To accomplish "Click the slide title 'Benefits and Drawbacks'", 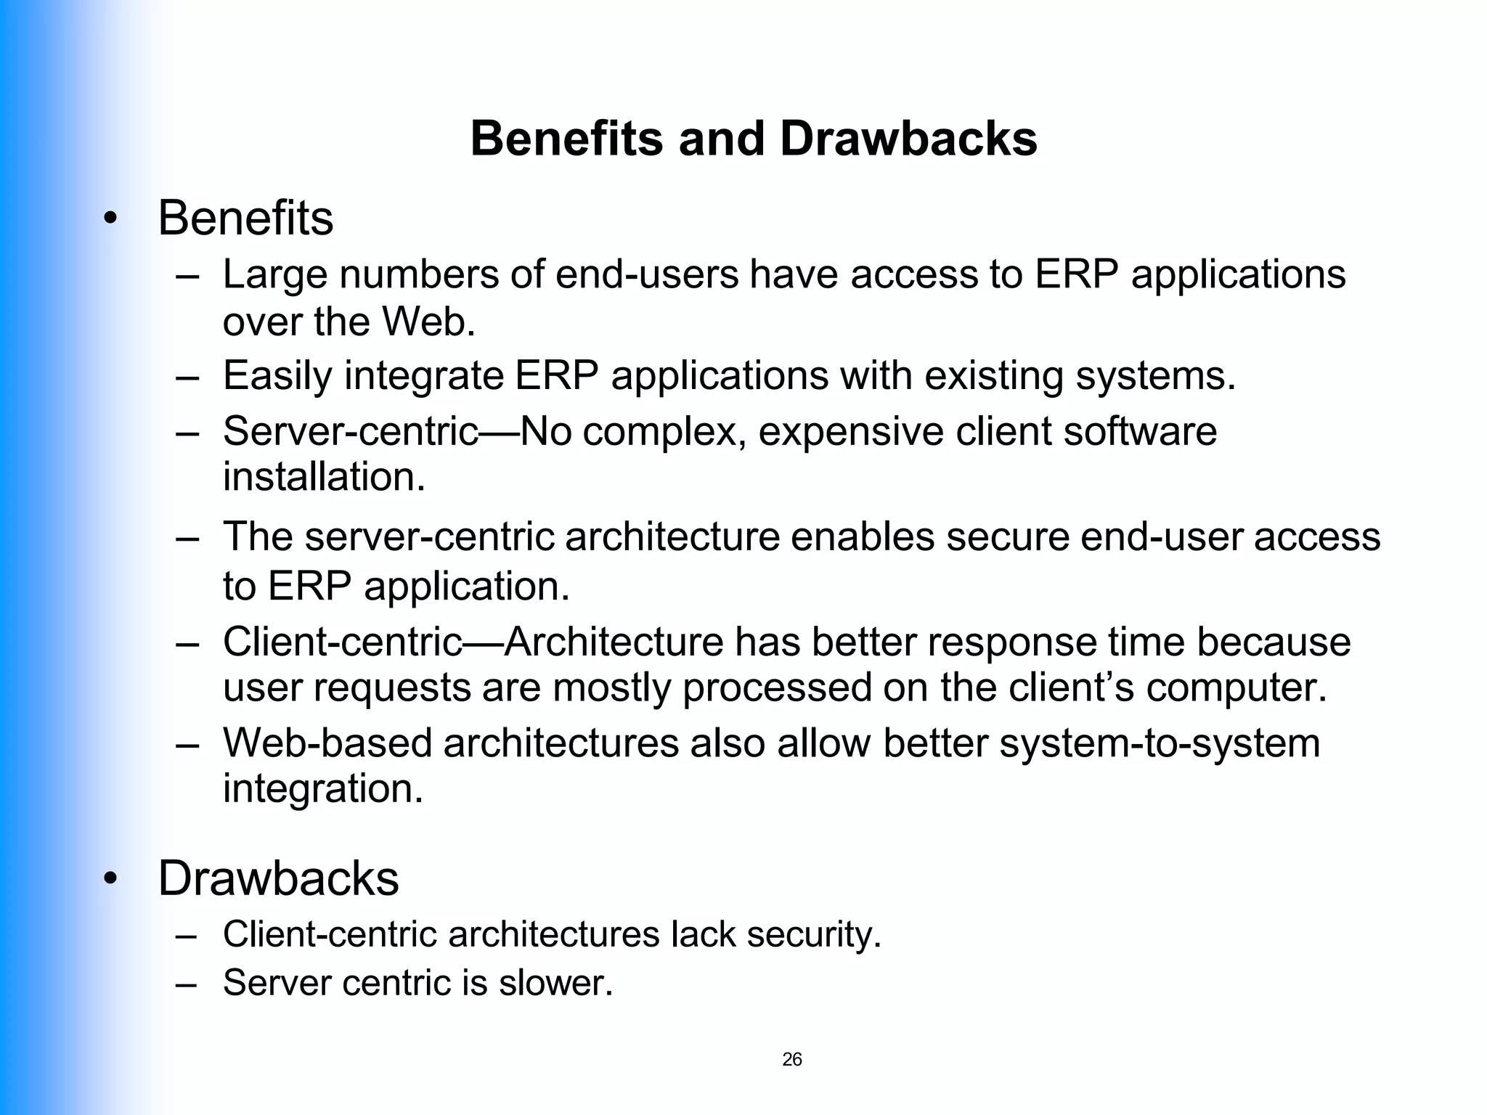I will pyautogui.click(x=754, y=138).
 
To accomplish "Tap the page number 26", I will pyautogui.click(x=792, y=1059).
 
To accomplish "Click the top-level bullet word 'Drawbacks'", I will pyautogui.click(x=278, y=878).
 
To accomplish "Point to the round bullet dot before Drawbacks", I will pyautogui.click(x=110, y=880).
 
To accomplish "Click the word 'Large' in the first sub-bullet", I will pyautogui.click(x=274, y=275).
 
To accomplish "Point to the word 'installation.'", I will pyautogui.click(x=324, y=477).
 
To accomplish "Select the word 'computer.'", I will pyautogui.click(x=1237, y=687).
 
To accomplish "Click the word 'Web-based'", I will pyautogui.click(x=327, y=743).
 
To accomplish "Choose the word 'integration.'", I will pyautogui.click(x=323, y=789).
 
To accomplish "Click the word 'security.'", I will pyautogui.click(x=814, y=934).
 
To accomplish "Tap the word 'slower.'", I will pyautogui.click(x=555, y=983).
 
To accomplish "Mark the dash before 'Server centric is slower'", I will pyautogui.click(x=186, y=984).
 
